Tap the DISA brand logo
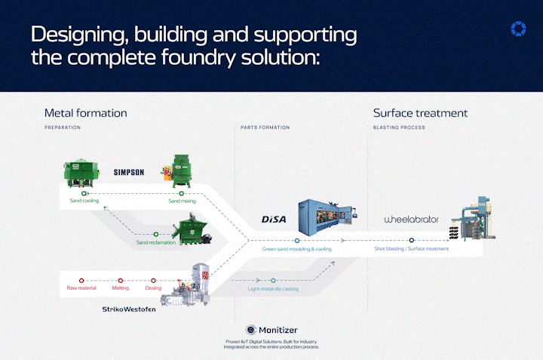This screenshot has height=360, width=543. point(275,219)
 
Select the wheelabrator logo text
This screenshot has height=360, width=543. point(411,220)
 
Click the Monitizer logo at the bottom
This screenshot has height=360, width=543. point(272,331)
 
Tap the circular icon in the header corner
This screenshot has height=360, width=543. point(517,29)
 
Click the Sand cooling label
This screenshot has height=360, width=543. point(84,202)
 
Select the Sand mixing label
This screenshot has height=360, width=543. point(183,202)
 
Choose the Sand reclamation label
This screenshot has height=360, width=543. point(155,242)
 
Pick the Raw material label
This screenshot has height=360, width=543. point(81,288)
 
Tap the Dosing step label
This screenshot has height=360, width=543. point(153,288)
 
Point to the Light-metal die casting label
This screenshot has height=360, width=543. point(273,288)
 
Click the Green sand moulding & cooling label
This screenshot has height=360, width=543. point(296,248)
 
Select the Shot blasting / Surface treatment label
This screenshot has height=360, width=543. point(412,248)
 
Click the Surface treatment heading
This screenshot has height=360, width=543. point(420,113)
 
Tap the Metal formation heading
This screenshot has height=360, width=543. point(85,113)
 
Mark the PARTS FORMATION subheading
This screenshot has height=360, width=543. point(264,128)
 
